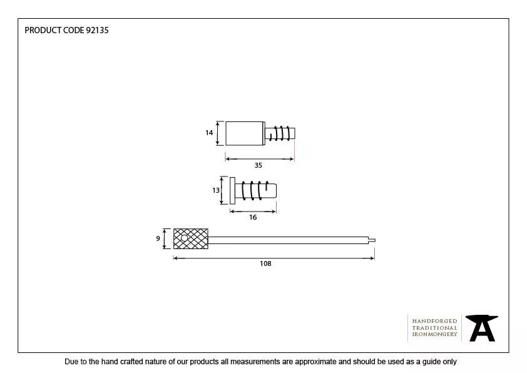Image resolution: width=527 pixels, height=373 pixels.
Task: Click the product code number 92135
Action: pos(97,30)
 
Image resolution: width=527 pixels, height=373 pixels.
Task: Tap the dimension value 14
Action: pos(209,133)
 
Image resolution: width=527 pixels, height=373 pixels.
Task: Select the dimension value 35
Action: pos(258,165)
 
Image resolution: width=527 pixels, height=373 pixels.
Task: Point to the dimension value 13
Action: pos(216,190)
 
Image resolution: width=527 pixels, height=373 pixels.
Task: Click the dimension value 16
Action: pos(253,217)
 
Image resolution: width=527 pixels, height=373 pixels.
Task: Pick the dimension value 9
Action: pos(158,238)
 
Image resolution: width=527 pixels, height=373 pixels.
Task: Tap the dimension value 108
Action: pos(265,263)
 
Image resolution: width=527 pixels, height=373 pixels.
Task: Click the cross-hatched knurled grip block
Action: pos(190,238)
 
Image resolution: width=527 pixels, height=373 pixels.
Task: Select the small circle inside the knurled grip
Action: pos(184,238)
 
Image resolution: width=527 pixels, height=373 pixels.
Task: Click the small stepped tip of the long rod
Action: pos(372,240)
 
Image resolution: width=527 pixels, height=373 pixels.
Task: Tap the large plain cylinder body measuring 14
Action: pos(245,133)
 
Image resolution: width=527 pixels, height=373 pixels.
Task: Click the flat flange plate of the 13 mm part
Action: pos(232,190)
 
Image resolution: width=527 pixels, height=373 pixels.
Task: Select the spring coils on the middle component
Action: pos(255,190)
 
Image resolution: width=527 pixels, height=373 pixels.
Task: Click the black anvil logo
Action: pos(482,328)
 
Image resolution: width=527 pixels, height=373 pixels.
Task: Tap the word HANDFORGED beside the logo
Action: pos(434,321)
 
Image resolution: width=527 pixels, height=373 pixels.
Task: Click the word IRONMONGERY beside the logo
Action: pos(434,334)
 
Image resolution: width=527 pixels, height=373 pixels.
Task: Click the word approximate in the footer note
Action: pos(316,362)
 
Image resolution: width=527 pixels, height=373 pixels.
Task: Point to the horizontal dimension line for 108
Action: pos(274,258)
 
